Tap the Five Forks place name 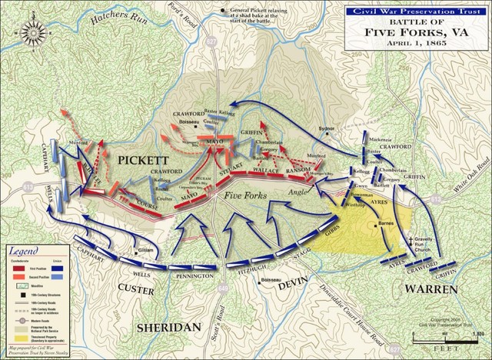(244, 197)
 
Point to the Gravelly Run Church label (421, 245)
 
